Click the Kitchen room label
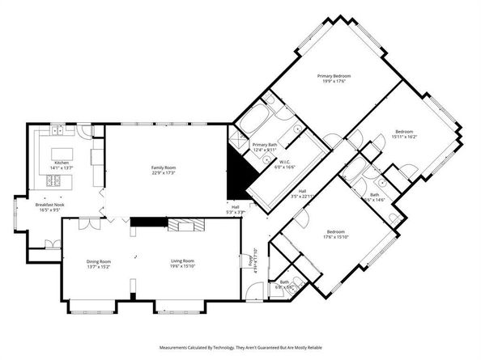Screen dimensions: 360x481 point(61,163)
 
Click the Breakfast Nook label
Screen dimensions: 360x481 point(50,205)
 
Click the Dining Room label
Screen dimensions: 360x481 point(99,260)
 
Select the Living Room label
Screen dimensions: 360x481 point(182,260)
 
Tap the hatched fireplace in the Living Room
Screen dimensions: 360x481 point(181,224)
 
